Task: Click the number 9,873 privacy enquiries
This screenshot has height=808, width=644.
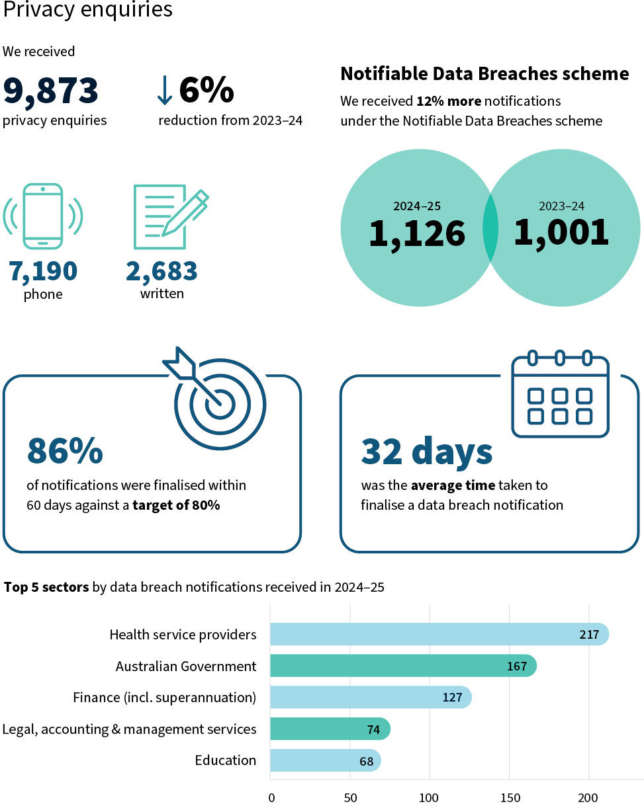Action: [51, 91]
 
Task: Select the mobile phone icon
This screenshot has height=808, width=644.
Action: [43, 216]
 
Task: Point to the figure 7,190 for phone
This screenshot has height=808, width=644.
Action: [43, 271]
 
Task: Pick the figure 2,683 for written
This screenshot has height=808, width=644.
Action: [161, 271]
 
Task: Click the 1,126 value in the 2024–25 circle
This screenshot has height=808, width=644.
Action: [417, 233]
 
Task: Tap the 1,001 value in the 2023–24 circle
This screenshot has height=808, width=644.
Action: [561, 233]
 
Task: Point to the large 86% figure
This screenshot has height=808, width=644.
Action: [65, 452]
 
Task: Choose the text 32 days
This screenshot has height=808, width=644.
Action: [427, 452]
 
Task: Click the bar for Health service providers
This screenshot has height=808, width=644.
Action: [439, 635]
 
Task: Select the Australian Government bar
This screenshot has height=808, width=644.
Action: [402, 666]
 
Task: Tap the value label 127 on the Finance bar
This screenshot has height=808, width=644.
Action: [453, 698]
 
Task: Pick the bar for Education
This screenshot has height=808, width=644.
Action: [325, 760]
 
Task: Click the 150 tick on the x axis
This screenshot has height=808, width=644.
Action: [509, 797]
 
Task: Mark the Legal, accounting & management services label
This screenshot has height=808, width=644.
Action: [129, 729]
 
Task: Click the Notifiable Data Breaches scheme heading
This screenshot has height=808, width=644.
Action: [484, 74]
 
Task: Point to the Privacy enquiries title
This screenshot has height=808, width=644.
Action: [87, 10]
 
